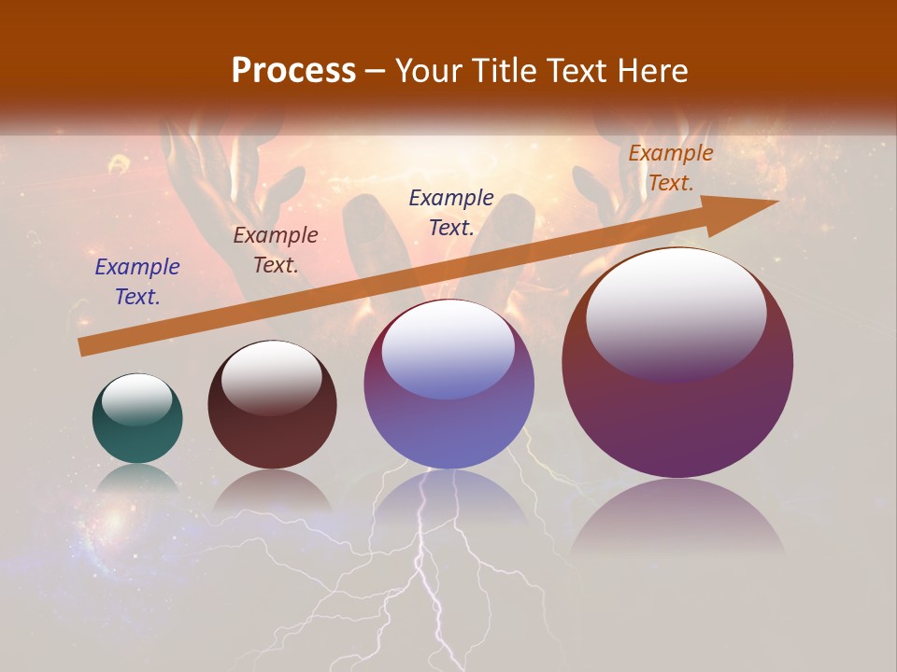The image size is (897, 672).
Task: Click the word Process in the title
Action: click(293, 71)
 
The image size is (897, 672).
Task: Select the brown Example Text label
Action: click(276, 250)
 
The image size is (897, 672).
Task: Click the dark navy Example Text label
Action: click(451, 212)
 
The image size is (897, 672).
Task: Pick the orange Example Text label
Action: click(671, 168)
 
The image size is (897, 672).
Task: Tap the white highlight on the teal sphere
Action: click(137, 399)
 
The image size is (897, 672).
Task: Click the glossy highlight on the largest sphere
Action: click(676, 313)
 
